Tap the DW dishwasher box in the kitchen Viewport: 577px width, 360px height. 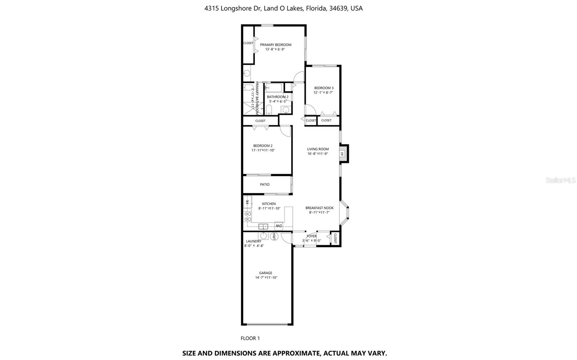click(x=278, y=226)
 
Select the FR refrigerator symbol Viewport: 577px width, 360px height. click(x=247, y=202)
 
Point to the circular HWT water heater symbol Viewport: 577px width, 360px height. click(x=274, y=237)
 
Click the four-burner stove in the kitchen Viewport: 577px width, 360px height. click(x=248, y=216)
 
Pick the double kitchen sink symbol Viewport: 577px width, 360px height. click(x=263, y=227)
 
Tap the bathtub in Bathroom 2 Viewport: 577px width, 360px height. click(x=274, y=87)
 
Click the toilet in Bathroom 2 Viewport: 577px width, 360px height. click(x=269, y=109)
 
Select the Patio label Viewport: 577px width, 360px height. click(x=265, y=184)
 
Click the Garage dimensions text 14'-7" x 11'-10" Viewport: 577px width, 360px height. click(x=266, y=277)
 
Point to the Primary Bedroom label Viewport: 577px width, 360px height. click(x=276, y=45)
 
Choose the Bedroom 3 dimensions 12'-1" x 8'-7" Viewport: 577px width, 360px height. click(x=323, y=92)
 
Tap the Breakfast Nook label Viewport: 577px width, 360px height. click(x=319, y=208)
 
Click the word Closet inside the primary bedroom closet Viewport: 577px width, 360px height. click(x=248, y=43)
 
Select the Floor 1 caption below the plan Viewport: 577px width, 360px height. click(x=250, y=338)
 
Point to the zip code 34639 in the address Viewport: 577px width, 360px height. click(x=338, y=8)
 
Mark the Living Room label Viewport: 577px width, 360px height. click(x=318, y=149)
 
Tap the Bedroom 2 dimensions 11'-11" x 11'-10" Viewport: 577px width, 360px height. click(x=263, y=150)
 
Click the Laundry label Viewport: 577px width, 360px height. click(x=254, y=241)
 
